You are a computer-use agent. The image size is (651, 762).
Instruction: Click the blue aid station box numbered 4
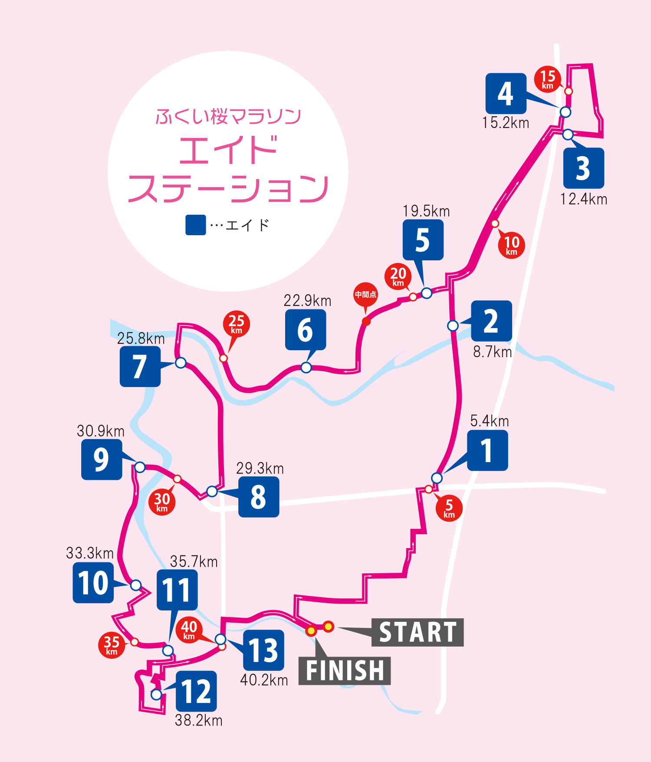pyautogui.click(x=506, y=93)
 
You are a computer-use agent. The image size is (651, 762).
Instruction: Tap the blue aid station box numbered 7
pyautogui.click(x=140, y=367)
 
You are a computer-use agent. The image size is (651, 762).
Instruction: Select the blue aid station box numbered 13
pyautogui.click(x=263, y=650)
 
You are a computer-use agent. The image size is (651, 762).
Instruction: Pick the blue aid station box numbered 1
pyautogui.click(x=487, y=450)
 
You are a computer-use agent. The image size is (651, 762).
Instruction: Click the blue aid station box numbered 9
pyautogui.click(x=102, y=460)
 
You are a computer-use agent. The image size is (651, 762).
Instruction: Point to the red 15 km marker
pyautogui.click(x=547, y=79)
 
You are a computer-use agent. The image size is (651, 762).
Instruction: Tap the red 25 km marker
pyautogui.click(x=236, y=323)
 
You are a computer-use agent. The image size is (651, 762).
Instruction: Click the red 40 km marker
pyautogui.click(x=189, y=630)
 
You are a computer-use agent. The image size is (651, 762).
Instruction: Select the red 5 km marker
pyautogui.click(x=449, y=508)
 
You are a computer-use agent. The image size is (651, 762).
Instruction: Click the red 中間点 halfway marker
pyautogui.click(x=365, y=295)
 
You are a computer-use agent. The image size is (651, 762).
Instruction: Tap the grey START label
pyautogui.click(x=418, y=632)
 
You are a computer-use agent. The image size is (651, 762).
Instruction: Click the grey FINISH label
pyautogui.click(x=345, y=671)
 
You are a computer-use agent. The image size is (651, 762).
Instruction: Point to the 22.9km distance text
pyautogui.click(x=307, y=301)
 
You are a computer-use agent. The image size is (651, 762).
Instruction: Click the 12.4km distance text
pyautogui.click(x=583, y=199)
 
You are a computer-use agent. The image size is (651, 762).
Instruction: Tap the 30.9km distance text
pyautogui.click(x=101, y=431)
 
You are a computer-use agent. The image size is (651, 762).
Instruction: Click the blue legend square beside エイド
pyautogui.click(x=195, y=225)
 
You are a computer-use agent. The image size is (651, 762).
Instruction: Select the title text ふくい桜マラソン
pyautogui.click(x=228, y=116)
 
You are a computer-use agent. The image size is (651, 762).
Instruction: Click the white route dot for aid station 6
pyautogui.click(x=306, y=368)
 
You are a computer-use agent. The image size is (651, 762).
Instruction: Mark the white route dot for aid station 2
pyautogui.click(x=453, y=325)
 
